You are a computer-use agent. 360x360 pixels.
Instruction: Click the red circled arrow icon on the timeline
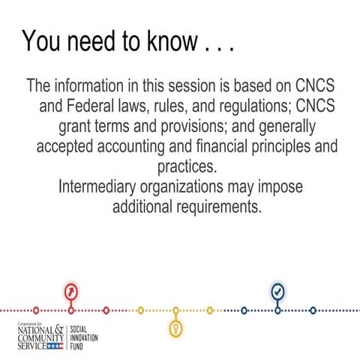click(x=71, y=291)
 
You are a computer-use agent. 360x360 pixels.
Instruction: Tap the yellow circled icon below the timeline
click(x=175, y=328)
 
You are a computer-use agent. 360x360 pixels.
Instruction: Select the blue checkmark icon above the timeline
click(x=277, y=290)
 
